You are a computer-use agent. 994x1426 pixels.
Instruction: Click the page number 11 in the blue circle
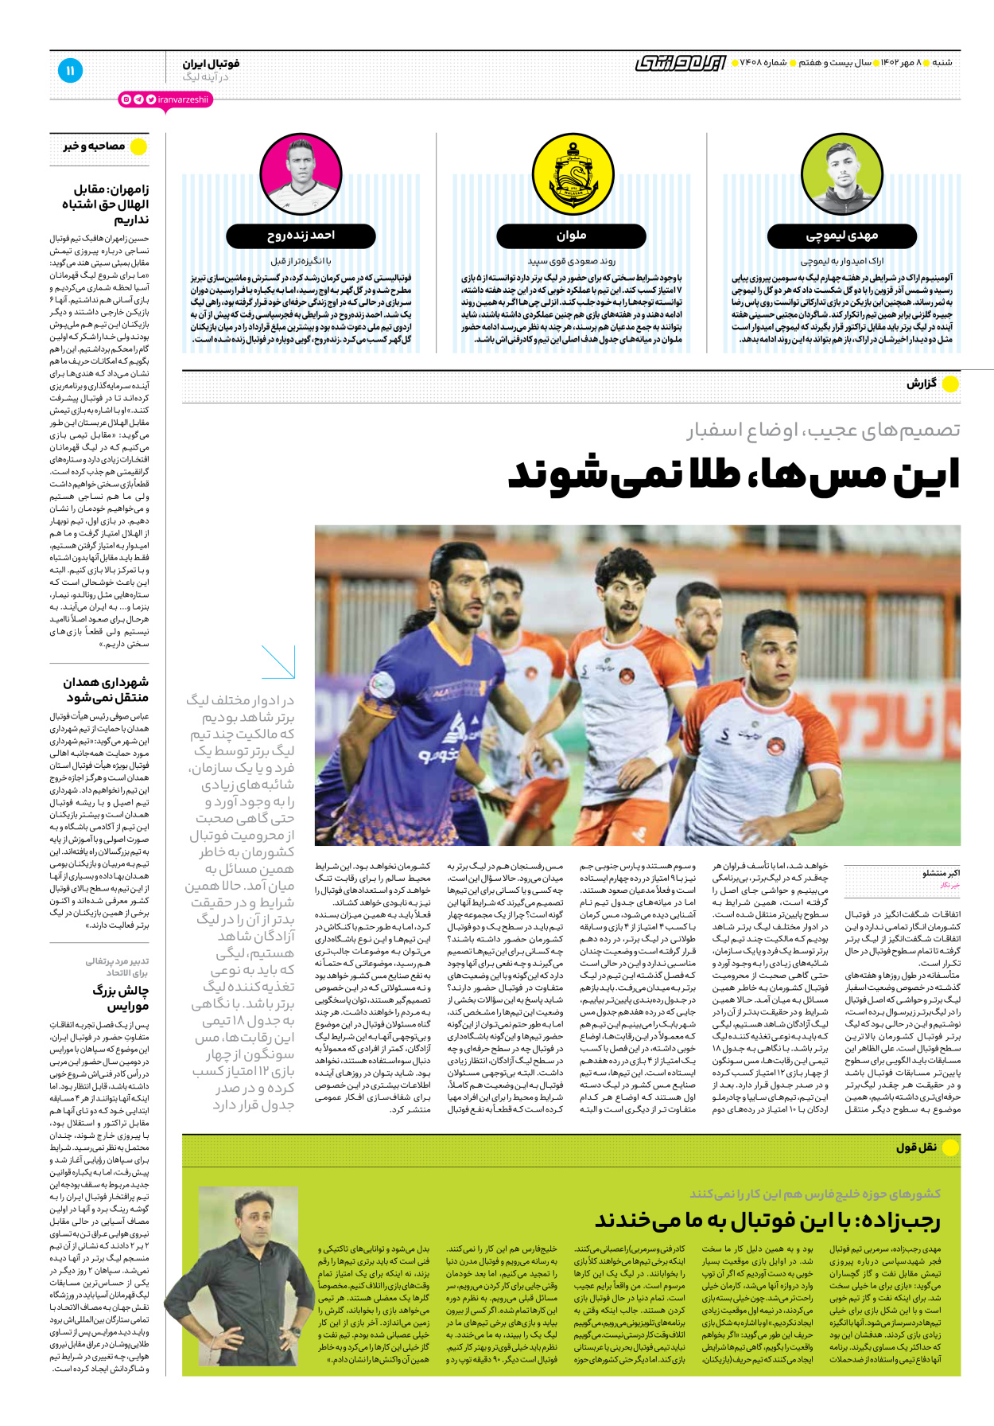click(x=70, y=71)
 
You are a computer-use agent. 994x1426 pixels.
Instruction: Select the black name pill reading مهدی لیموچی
click(x=841, y=236)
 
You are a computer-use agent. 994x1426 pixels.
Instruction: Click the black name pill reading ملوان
click(x=571, y=236)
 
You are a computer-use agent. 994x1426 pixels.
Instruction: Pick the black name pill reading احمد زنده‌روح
click(x=301, y=236)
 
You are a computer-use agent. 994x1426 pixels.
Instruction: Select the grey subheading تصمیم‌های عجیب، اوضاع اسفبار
click(x=823, y=431)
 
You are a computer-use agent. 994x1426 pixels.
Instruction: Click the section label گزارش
click(x=922, y=384)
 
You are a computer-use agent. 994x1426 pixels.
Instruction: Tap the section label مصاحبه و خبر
click(x=95, y=146)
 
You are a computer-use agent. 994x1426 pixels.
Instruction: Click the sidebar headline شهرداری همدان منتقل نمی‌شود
click(x=107, y=690)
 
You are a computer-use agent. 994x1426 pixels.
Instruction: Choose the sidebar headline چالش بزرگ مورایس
click(x=120, y=999)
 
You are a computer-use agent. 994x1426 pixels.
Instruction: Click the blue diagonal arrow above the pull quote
click(x=278, y=662)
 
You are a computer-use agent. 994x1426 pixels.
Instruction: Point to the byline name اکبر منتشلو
click(x=941, y=873)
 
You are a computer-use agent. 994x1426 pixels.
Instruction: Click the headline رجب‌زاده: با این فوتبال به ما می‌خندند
click(x=767, y=1221)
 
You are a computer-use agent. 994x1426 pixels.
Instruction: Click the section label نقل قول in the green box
click(x=916, y=1147)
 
